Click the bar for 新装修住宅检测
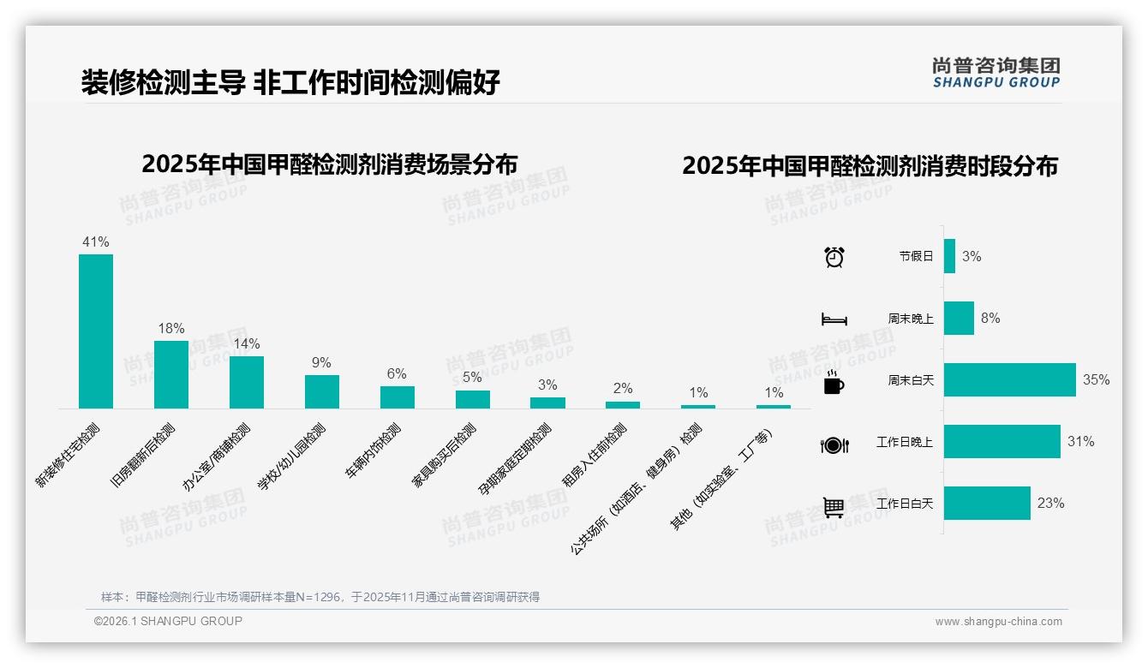click(x=96, y=331)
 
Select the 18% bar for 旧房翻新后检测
click(x=171, y=374)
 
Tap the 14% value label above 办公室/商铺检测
click(x=247, y=344)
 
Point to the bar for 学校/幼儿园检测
click(x=322, y=391)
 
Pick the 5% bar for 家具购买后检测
click(x=473, y=399)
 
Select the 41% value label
click(x=96, y=242)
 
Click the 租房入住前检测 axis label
click(x=594, y=456)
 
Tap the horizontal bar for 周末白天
click(x=1009, y=379)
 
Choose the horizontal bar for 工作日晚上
click(x=1002, y=441)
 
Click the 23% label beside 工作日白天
click(x=1050, y=504)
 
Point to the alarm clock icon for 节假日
click(x=834, y=257)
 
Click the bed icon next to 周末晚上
click(x=834, y=319)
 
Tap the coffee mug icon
click(x=834, y=383)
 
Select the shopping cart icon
click(x=834, y=507)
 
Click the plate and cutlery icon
click(x=834, y=444)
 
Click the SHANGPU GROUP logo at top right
click(x=996, y=73)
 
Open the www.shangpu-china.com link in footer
click(x=998, y=622)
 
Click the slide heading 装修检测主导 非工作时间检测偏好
click(x=290, y=82)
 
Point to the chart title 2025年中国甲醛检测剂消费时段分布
click(x=870, y=166)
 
